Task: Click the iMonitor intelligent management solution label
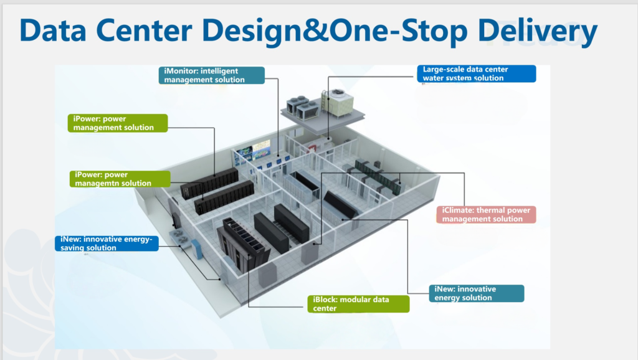[212, 75]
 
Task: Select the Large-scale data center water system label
[477, 73]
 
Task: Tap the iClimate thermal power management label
[486, 214]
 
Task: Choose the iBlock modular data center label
[358, 304]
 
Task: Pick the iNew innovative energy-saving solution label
[107, 244]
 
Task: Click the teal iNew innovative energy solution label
[477, 293]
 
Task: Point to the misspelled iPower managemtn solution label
[120, 179]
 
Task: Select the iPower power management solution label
[118, 123]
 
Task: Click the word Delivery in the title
[538, 31]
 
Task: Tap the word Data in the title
[53, 31]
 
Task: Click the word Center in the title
[144, 31]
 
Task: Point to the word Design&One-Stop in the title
[335, 32]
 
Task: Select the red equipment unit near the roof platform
[313, 148]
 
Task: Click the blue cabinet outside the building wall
[197, 249]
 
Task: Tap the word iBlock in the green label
[325, 300]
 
